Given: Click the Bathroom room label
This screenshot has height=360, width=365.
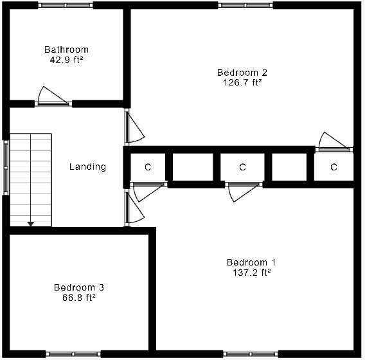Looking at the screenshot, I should coord(66,50).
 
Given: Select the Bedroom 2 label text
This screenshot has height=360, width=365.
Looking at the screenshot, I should coord(239,72).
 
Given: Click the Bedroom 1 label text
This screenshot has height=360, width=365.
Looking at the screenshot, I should coord(251,262).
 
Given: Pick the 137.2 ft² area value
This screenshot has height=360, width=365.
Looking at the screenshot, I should coord(251,272).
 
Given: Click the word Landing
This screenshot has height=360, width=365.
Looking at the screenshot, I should coord(87,167).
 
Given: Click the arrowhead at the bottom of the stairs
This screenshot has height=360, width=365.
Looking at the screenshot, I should coord(30,223).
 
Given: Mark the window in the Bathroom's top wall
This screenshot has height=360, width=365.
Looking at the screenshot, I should coord(66,5).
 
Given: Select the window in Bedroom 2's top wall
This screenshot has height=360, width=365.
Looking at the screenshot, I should coord(245,5).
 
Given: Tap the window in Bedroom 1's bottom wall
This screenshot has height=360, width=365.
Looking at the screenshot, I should coord(251,354).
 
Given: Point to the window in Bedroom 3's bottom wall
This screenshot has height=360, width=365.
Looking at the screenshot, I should coord(73,354).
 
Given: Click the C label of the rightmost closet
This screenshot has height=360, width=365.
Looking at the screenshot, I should coord(334,167).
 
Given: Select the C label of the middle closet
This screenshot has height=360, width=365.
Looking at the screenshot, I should coord(242,167).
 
